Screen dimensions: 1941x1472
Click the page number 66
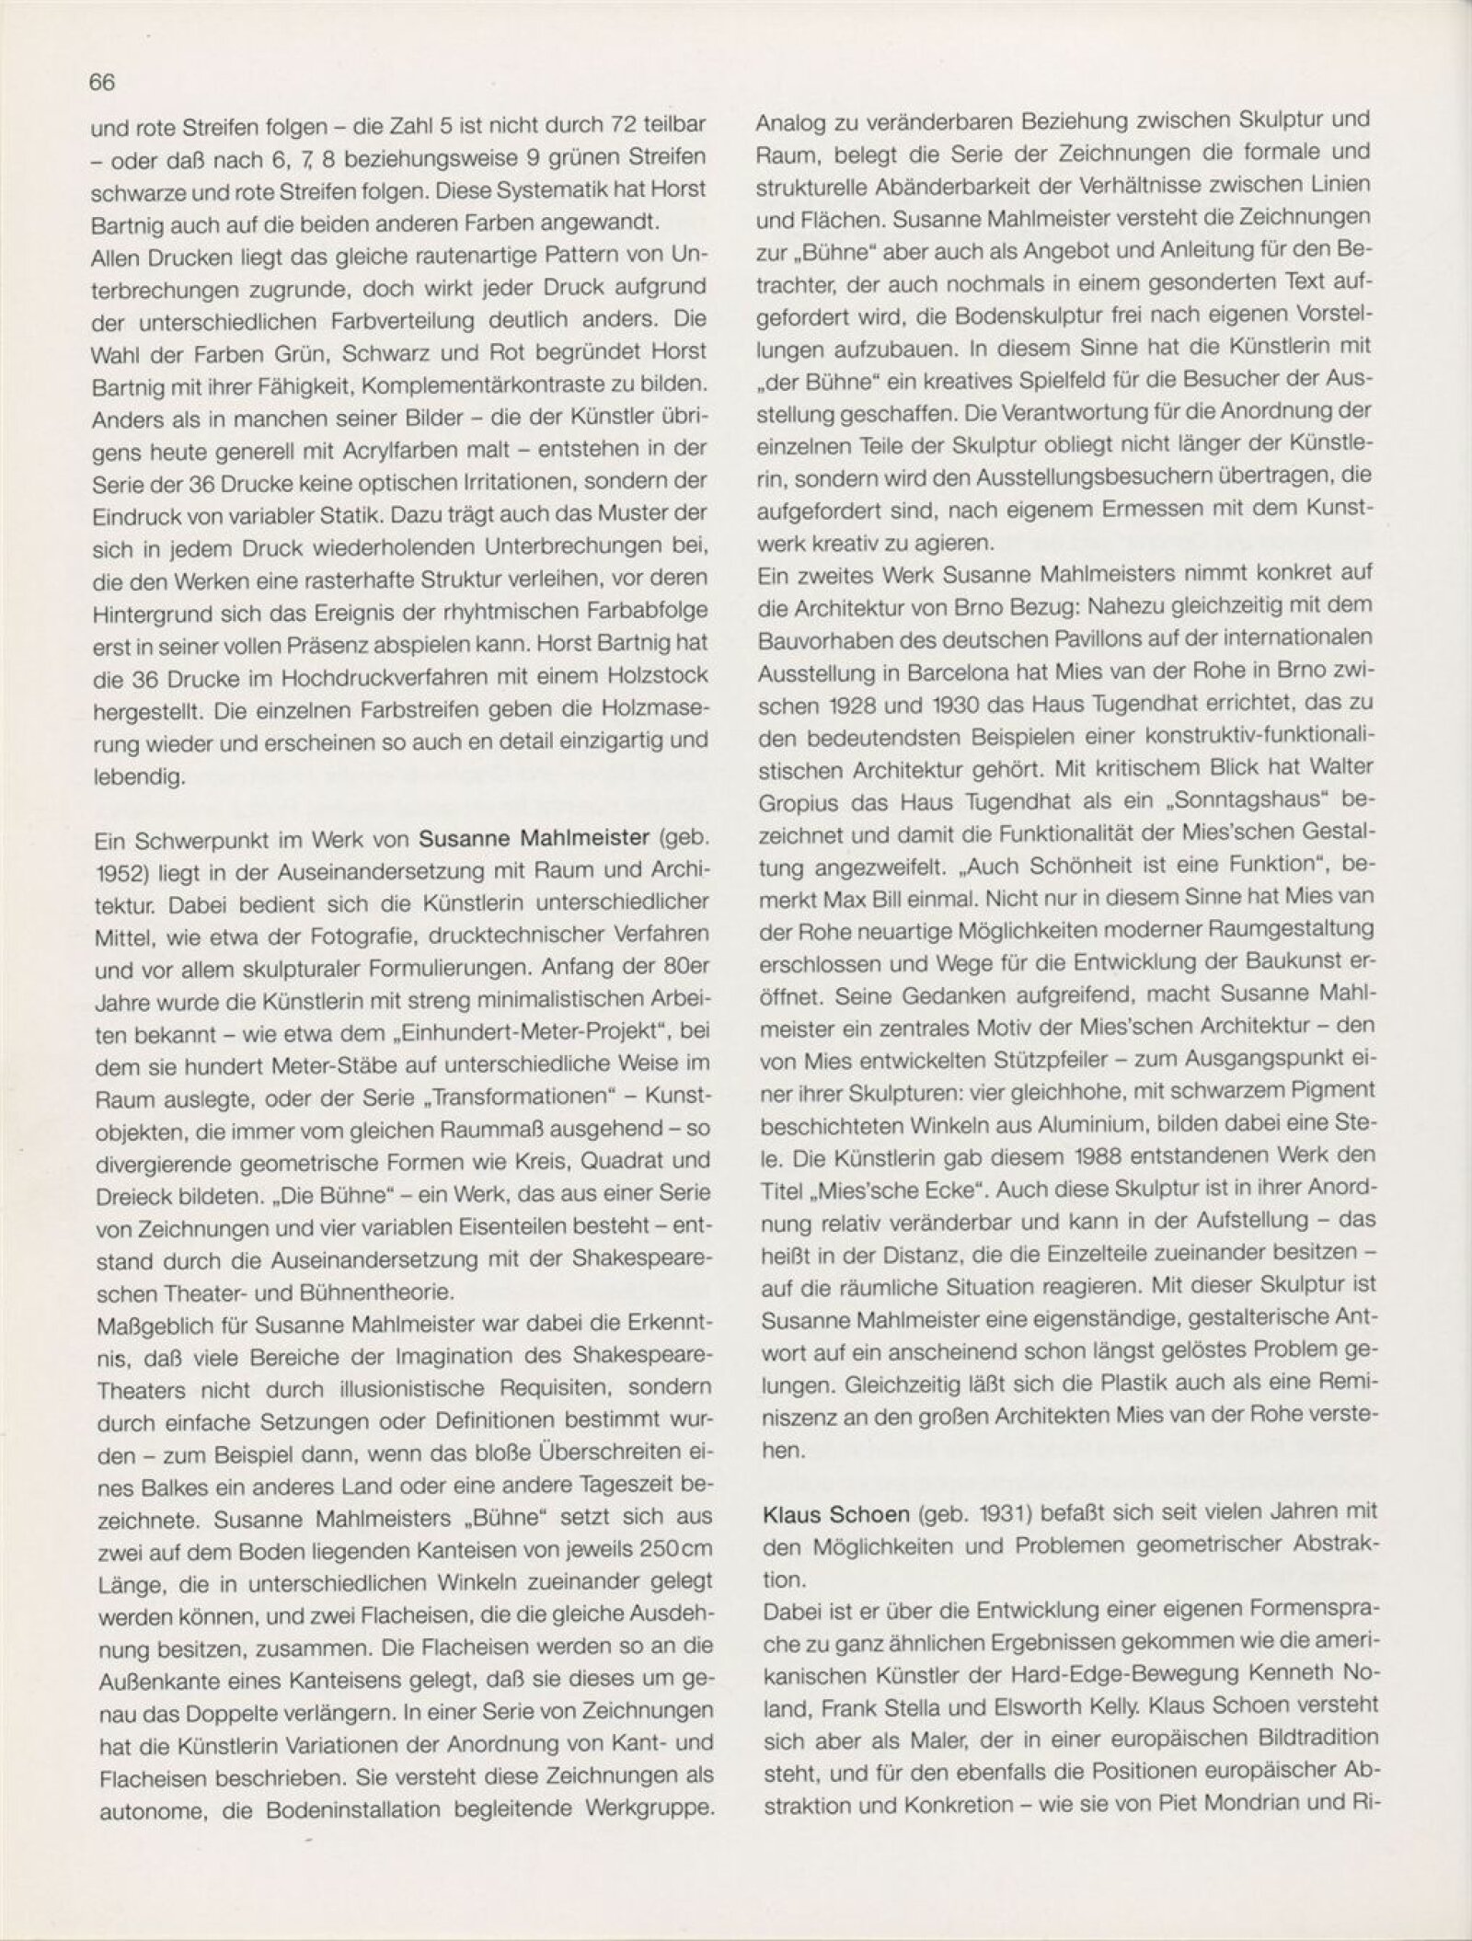[102, 82]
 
